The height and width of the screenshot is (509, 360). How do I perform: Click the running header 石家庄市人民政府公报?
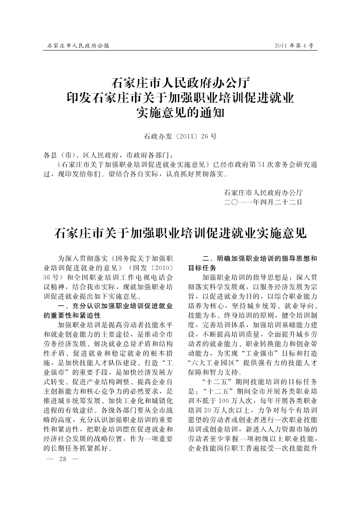(x=78, y=45)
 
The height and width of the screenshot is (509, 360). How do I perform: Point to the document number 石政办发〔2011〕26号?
(x=180, y=137)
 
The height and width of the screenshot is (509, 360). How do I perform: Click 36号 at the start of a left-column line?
(x=51, y=276)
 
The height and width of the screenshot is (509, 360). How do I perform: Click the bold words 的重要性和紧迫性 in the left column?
(x=72, y=315)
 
